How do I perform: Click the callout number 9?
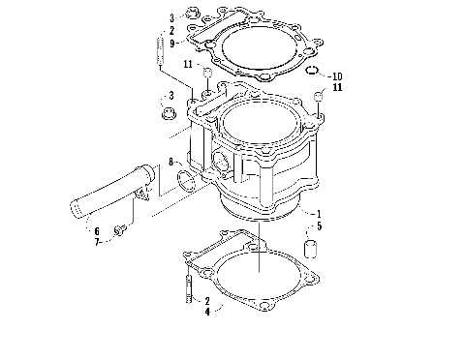tap(171, 44)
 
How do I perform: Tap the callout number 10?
tap(336, 75)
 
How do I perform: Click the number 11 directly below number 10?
tap(336, 88)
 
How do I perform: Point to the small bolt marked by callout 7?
tap(122, 230)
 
